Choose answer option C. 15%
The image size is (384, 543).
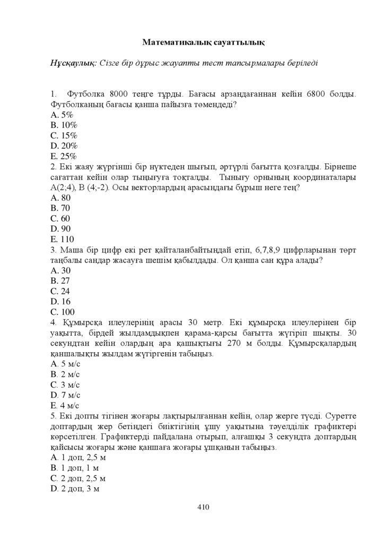coord(64,135)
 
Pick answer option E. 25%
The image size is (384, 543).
coord(64,156)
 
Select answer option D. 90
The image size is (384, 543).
coord(60,229)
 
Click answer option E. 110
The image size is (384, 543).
coord(62,239)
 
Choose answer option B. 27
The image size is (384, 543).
coord(60,281)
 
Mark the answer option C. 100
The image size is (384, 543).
coord(63,312)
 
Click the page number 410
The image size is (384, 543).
coord(204,507)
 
